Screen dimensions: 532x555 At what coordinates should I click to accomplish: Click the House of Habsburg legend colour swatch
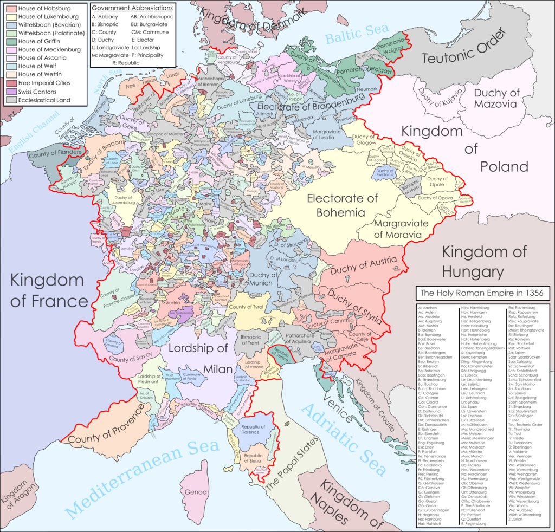point(10,9)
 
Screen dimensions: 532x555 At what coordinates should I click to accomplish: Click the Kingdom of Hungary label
point(485,261)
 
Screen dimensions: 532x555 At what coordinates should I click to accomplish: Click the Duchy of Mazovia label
point(496,98)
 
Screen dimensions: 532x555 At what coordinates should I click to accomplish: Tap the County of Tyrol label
point(247,307)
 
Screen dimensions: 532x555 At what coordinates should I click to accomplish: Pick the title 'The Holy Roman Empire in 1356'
point(482,293)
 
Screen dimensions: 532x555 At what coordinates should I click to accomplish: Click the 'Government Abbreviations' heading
point(132,9)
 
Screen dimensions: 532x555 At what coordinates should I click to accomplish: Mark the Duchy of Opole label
point(437,181)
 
